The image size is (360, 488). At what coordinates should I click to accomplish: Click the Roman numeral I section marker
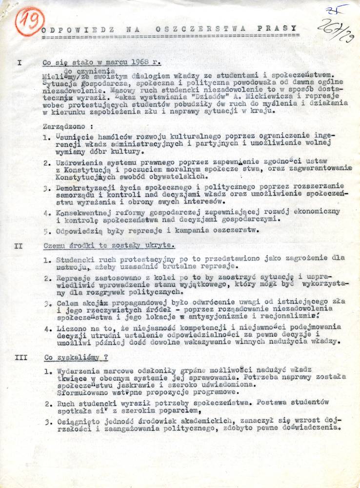coord(19,63)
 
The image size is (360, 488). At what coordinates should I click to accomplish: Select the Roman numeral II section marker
coord(19,246)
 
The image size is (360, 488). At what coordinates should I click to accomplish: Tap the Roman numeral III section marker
coord(21,357)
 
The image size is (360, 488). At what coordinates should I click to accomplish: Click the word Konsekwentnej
coord(83,213)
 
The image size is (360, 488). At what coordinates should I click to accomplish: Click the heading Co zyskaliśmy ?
coord(76,357)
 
